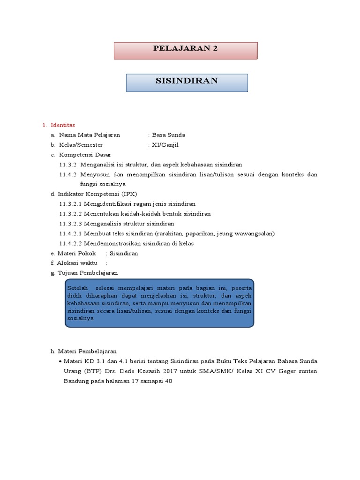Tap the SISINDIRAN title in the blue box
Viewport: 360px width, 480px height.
click(187, 81)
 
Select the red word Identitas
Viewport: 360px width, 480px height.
click(63, 125)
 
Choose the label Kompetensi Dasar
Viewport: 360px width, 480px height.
click(84, 155)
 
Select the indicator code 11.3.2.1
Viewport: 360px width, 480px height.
click(71, 204)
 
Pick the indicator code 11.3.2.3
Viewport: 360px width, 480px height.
click(71, 224)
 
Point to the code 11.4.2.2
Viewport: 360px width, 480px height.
click(71, 243)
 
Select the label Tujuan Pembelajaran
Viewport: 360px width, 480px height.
click(88, 273)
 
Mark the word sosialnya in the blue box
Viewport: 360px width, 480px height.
click(81, 318)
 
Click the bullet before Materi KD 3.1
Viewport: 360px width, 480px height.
click(60, 361)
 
